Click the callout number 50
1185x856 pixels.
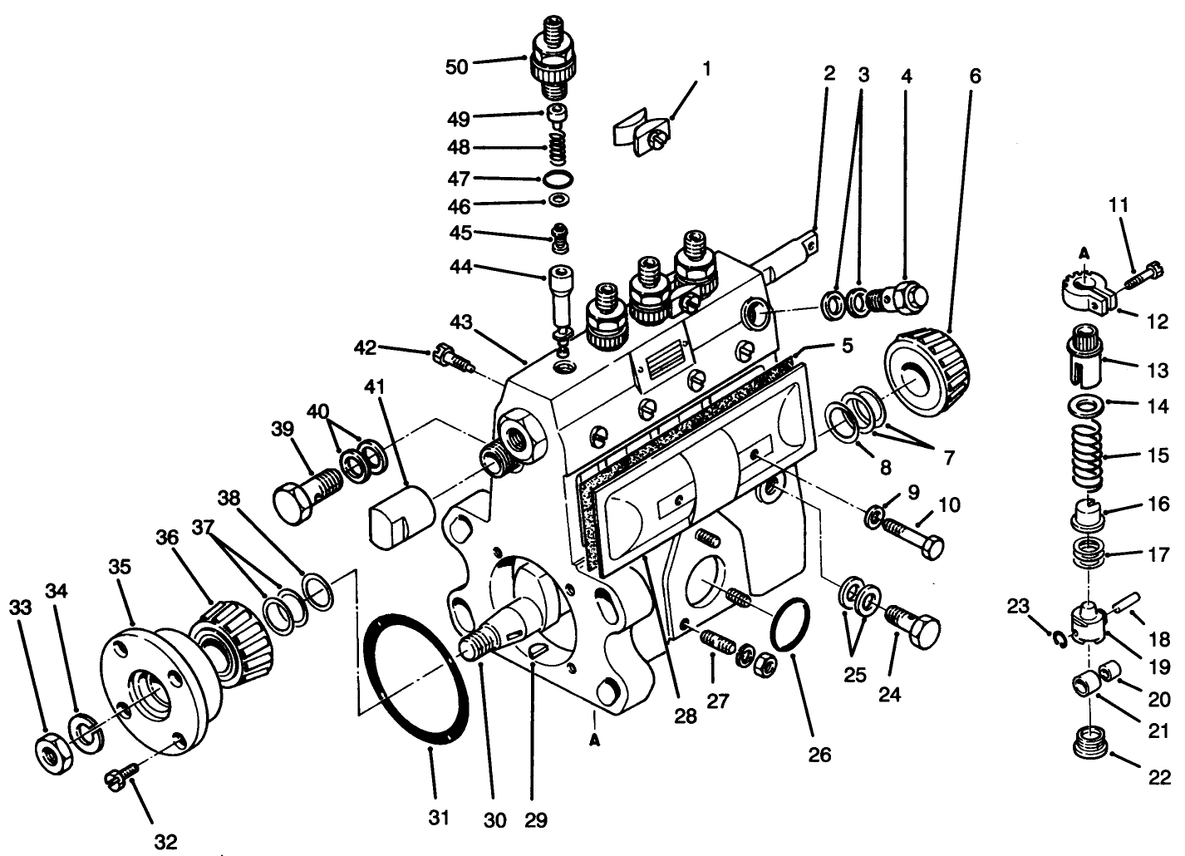(x=456, y=66)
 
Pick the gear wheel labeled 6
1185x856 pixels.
(x=928, y=373)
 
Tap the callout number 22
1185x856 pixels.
(x=1159, y=777)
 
